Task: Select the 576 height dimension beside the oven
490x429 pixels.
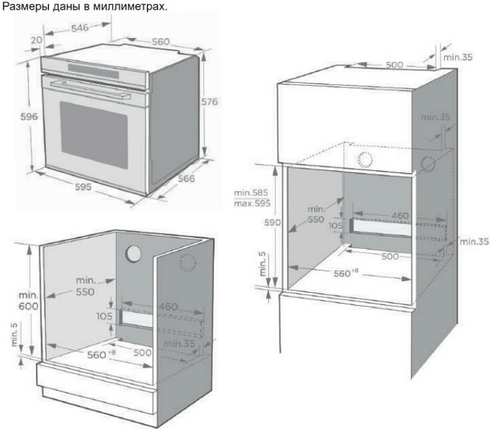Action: [209, 102]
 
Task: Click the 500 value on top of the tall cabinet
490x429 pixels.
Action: [394, 65]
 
